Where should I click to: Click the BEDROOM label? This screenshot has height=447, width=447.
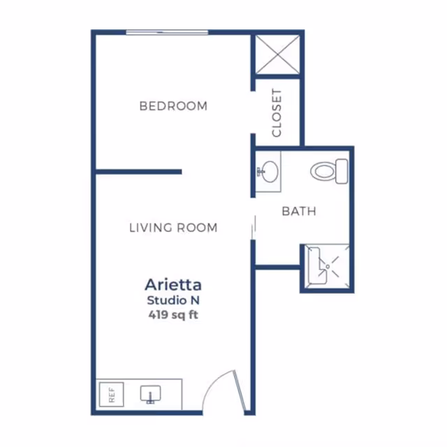(173, 106)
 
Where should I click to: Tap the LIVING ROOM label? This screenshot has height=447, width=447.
(173, 228)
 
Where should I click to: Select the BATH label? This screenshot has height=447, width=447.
(299, 211)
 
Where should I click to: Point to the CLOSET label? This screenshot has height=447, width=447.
(277, 113)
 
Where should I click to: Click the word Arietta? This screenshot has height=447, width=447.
(173, 284)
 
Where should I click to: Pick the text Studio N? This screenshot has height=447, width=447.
(173, 300)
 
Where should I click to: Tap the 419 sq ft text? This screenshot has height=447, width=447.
(173, 315)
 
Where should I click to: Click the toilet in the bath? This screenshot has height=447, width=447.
(329, 171)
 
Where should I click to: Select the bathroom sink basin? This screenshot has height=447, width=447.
(270, 172)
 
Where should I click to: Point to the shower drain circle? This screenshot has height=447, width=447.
(328, 267)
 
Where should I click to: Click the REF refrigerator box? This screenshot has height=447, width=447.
(112, 395)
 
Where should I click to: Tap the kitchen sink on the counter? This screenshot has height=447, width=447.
(151, 393)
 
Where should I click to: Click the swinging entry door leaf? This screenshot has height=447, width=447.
(239, 392)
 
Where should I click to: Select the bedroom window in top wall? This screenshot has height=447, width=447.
(167, 33)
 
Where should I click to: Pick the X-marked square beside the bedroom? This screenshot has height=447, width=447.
(278, 54)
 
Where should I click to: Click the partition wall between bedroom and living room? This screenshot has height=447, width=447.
(138, 172)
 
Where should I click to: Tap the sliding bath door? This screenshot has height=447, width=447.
(254, 228)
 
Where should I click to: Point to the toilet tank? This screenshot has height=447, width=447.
(342, 171)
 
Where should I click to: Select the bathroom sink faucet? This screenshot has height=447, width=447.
(260, 172)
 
